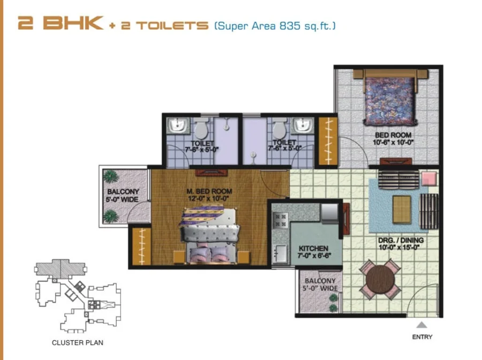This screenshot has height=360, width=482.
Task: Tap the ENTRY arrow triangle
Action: (422, 325)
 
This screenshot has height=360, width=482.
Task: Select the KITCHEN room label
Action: (313, 248)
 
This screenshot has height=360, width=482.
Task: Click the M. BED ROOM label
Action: (209, 191)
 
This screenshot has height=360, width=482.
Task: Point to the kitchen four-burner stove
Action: (280, 220)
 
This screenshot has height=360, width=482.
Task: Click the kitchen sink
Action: (280, 253)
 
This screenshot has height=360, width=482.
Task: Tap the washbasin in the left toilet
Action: (177, 126)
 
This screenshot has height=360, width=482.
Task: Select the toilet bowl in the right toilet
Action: (280, 129)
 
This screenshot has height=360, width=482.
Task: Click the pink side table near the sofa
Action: (429, 178)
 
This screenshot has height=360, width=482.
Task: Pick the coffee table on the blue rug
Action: (402, 209)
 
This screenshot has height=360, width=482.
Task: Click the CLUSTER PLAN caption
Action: (78, 342)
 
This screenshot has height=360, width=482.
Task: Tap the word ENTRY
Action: (422, 337)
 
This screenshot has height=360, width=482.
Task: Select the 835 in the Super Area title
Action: (290, 26)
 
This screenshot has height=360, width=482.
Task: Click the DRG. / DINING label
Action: (401, 240)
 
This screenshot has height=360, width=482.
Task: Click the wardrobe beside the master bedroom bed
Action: (142, 246)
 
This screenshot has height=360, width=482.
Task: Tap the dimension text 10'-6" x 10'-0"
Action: (393, 142)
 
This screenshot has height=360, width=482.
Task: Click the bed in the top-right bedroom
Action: (390, 97)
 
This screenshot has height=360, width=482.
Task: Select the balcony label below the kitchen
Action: (320, 284)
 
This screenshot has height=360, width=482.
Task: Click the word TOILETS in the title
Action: (172, 25)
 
